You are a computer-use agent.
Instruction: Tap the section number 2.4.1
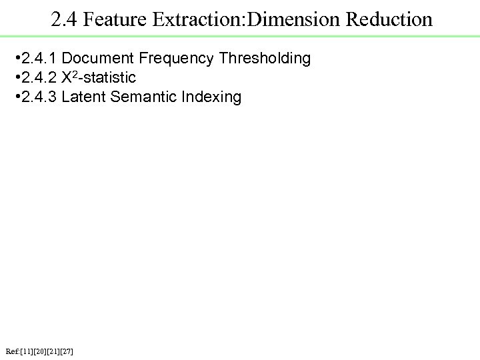[39, 59]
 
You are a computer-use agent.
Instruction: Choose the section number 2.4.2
[39, 78]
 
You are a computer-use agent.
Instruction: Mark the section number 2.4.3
[39, 97]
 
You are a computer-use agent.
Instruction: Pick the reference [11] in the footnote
[28, 351]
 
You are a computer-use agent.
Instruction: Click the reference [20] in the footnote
[41, 351]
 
